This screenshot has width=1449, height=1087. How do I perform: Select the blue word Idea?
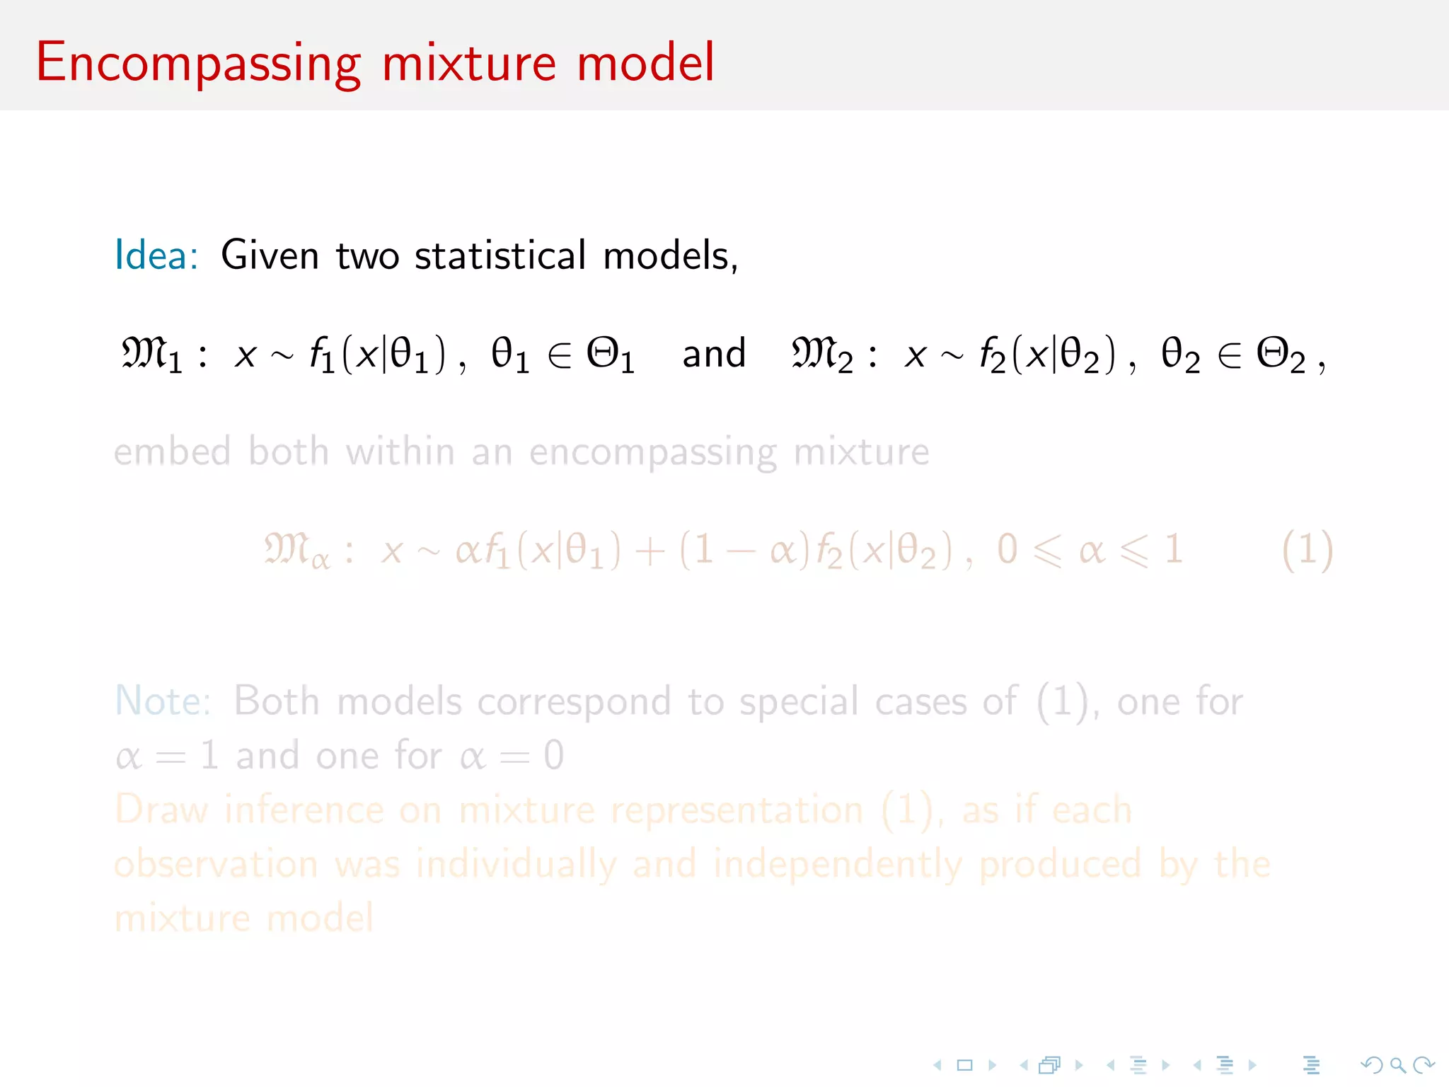[156, 255]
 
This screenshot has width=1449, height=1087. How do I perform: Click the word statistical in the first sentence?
[500, 255]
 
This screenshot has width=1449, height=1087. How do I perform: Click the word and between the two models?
[713, 353]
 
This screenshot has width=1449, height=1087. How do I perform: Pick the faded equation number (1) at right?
[1307, 550]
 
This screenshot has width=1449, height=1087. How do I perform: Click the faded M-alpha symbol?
[296, 550]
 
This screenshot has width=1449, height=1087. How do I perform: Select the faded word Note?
[163, 701]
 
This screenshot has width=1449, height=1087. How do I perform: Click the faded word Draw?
[161, 810]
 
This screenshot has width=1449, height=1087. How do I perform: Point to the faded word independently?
[838, 864]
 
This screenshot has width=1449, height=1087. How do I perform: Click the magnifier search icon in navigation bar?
[1397, 1065]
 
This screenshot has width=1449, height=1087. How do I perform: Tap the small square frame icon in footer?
[964, 1065]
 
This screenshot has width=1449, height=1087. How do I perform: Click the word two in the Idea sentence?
[367, 255]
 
